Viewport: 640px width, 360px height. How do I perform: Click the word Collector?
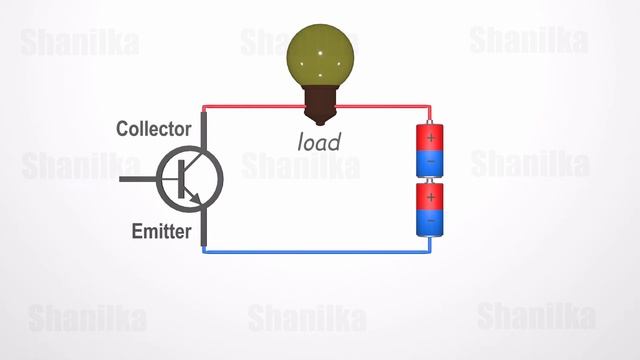153,129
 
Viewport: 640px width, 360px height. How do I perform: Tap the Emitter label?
160,232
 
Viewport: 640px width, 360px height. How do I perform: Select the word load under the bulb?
319,142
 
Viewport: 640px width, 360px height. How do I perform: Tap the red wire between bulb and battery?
390,107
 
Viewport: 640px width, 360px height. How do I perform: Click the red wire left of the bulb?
250,107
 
